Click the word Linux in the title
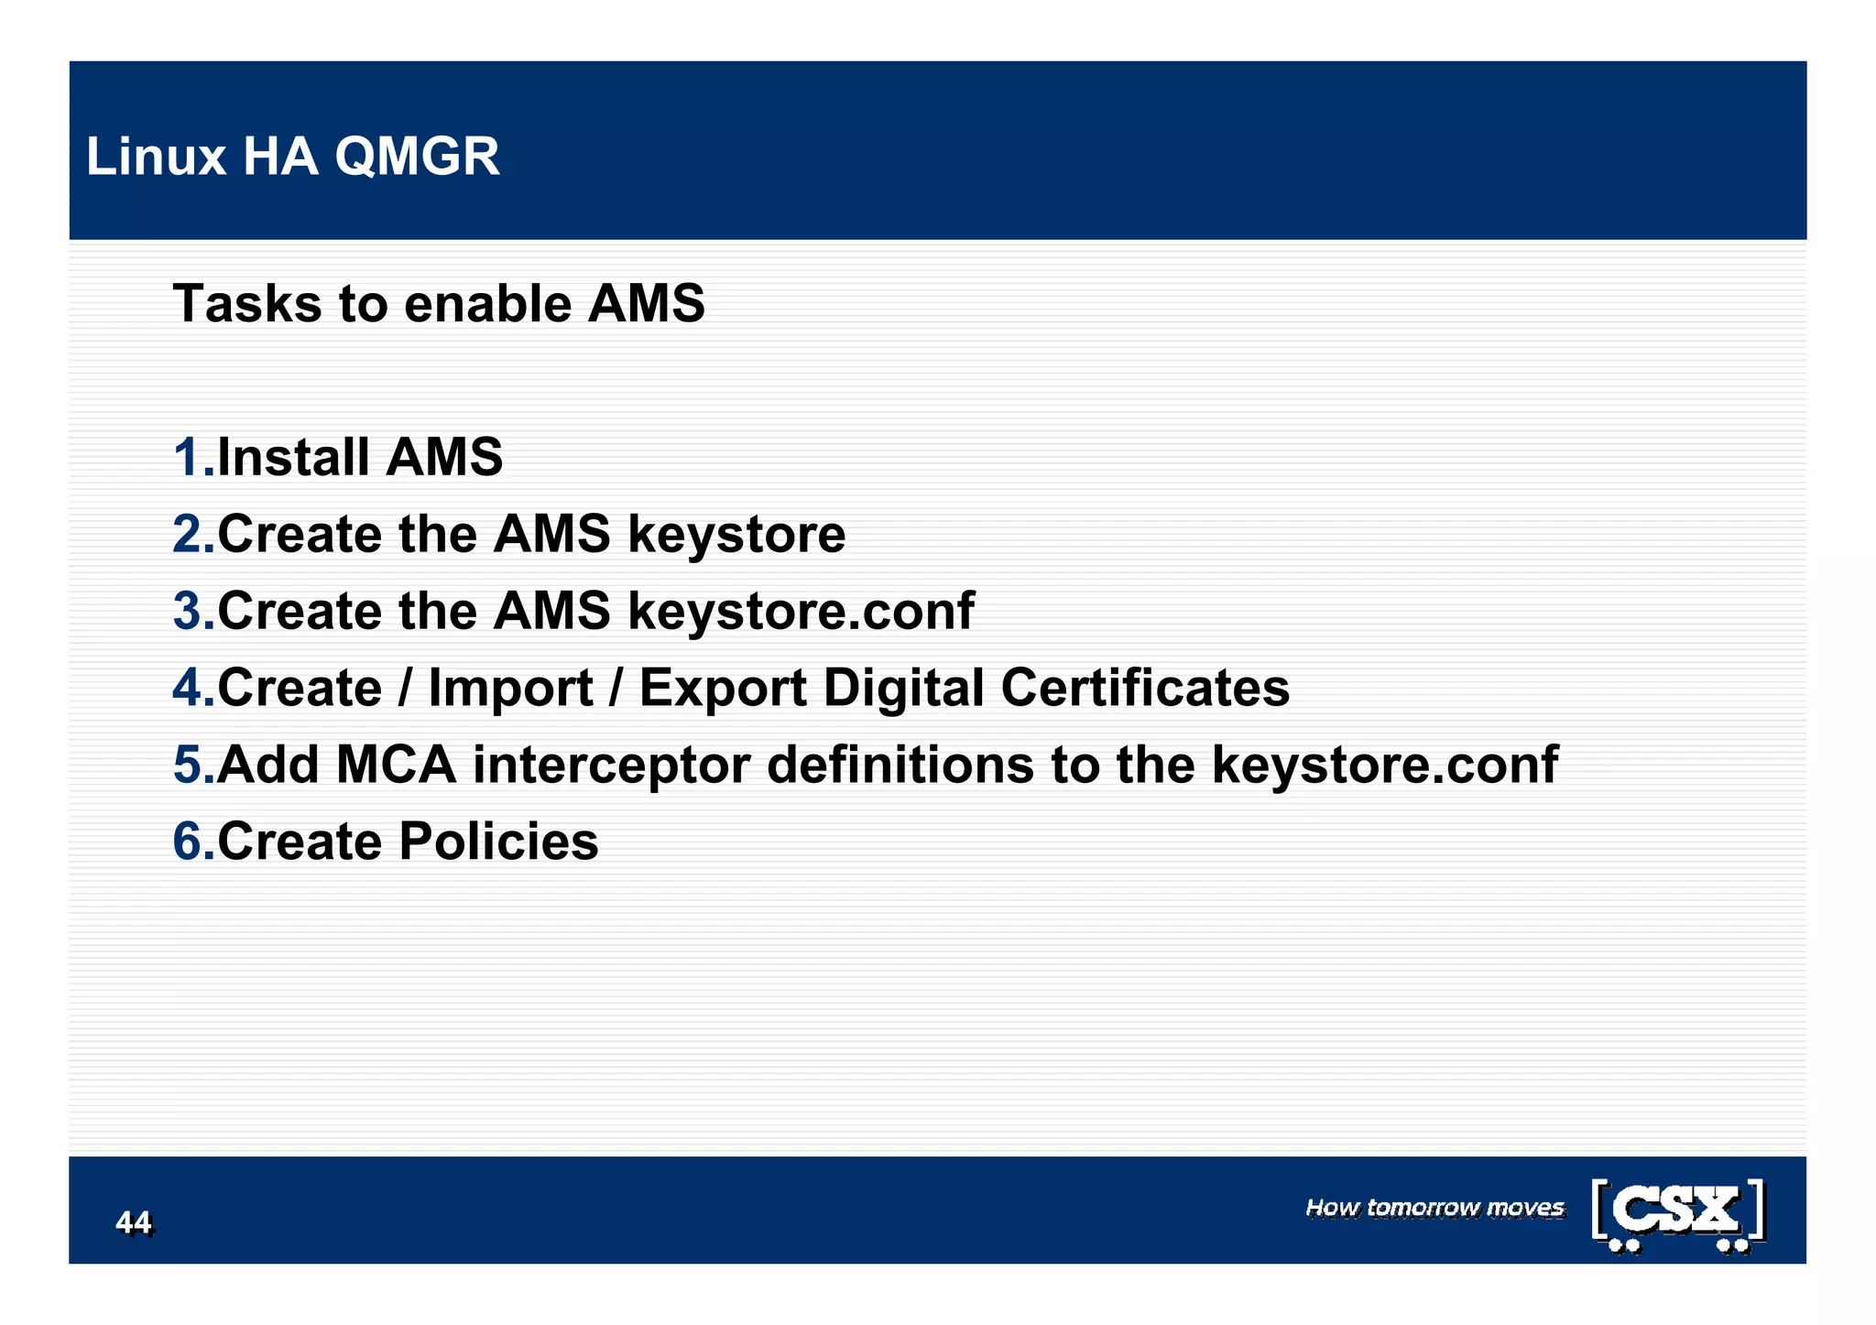click(156, 157)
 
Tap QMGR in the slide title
click(417, 157)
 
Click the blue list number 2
click(190, 534)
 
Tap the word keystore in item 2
click(736, 534)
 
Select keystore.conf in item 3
click(801, 611)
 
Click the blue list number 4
click(190, 688)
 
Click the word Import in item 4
click(510, 688)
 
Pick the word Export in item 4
click(722, 688)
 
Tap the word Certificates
click(1144, 688)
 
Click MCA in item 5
click(396, 765)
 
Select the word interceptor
click(611, 765)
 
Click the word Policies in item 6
click(498, 842)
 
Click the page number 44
click(134, 1222)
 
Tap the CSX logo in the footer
click(1678, 1214)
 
